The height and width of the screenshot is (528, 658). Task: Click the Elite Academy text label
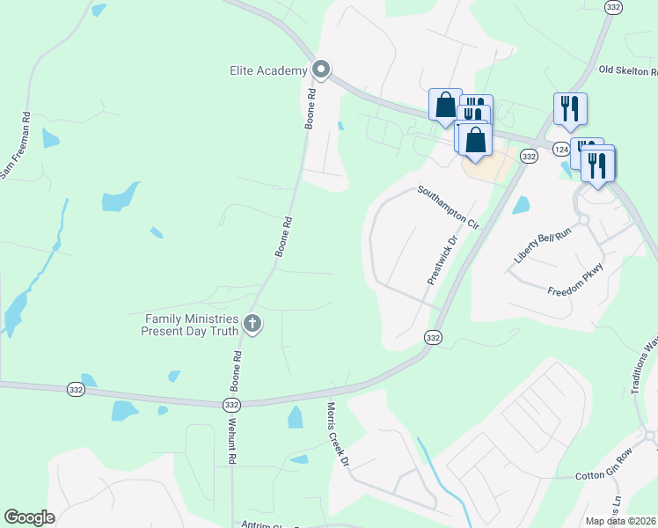pos(268,70)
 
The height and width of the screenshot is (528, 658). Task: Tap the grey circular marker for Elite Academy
pos(321,70)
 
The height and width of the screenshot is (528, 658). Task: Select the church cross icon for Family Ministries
pos(252,324)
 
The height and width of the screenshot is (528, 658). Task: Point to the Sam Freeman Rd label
pos(16,145)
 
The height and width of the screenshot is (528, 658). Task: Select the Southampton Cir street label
pos(448,207)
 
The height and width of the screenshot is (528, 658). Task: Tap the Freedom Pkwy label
pos(575,279)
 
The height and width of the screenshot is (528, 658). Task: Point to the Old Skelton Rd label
pos(627,70)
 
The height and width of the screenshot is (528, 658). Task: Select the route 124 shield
pos(561,150)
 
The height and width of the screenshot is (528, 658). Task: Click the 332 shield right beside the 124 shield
pos(528,156)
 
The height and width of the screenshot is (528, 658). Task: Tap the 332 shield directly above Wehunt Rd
pos(231,404)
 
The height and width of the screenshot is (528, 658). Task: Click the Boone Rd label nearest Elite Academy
pos(310,109)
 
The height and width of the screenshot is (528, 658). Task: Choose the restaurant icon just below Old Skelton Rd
pos(570,108)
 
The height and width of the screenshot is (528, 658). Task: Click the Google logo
pos(30,517)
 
